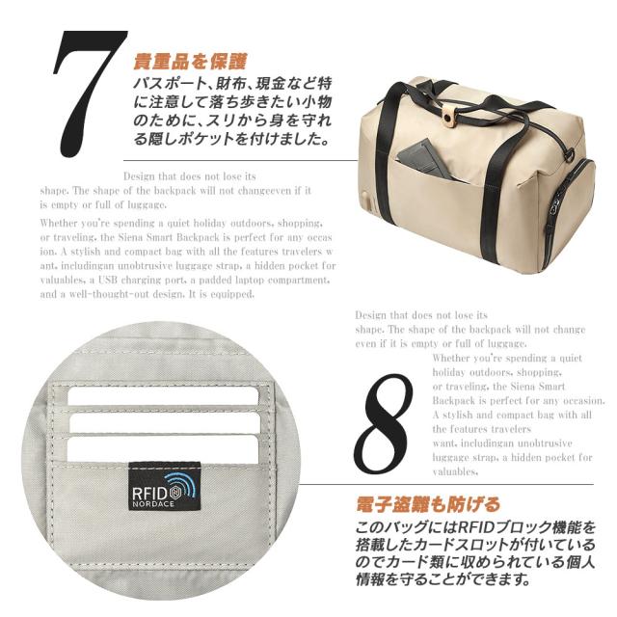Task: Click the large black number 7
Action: pos(90,96)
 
